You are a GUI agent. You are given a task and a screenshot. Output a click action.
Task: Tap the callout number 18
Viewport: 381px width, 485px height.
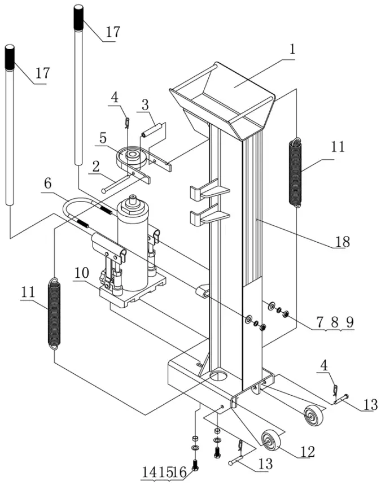[x=342, y=242]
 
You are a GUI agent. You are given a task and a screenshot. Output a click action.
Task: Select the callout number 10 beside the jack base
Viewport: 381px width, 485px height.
[x=81, y=272]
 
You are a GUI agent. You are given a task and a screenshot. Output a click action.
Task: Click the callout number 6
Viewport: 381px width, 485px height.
[x=47, y=183]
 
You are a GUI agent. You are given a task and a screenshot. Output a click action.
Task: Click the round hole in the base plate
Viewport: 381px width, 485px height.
[x=217, y=375]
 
